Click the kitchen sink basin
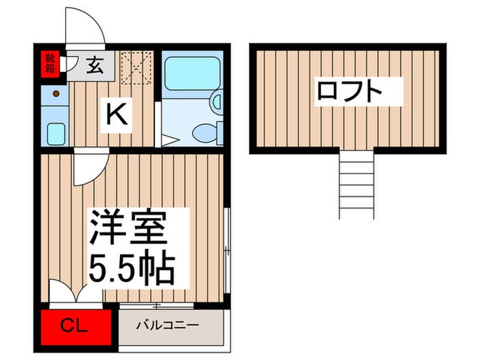coord(55,130)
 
